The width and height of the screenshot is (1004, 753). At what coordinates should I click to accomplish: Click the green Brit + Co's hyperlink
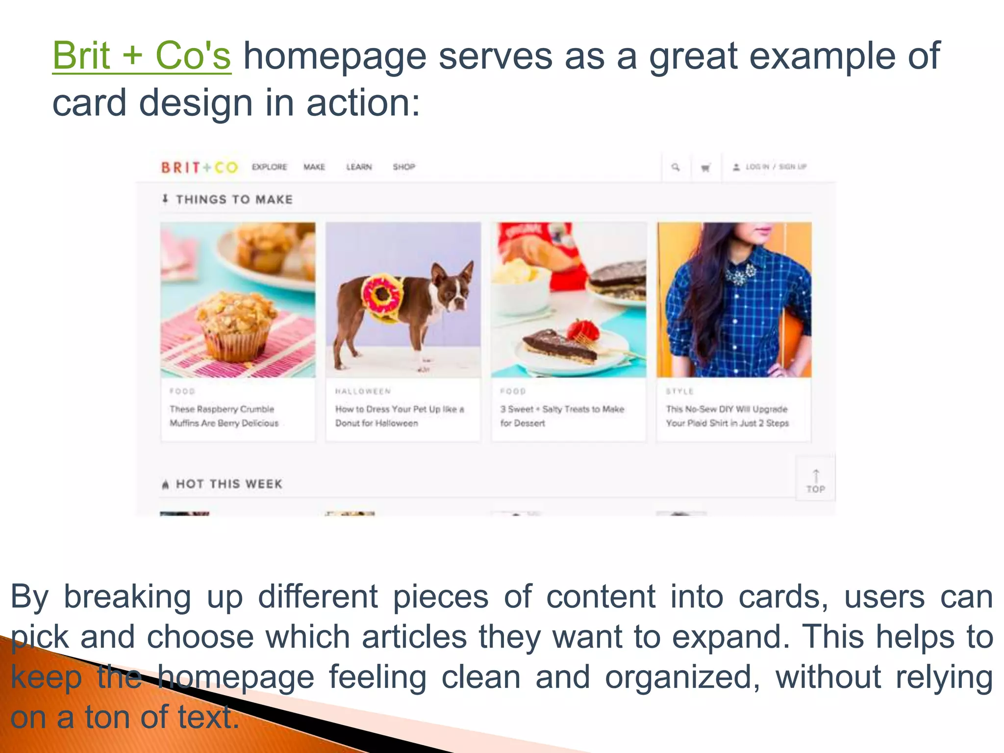[141, 56]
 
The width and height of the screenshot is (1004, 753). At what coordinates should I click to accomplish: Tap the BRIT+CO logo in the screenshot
[199, 168]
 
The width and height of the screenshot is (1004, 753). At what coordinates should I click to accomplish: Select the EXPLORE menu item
[269, 167]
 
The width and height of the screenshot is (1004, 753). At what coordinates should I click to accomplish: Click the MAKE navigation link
[314, 167]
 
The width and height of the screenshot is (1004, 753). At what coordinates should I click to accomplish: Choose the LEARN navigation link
[359, 167]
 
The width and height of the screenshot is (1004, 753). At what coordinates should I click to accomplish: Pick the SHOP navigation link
[404, 167]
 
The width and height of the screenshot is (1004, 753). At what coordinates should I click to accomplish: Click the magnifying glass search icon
[676, 167]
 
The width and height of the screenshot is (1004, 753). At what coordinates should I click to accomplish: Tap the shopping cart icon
[705, 168]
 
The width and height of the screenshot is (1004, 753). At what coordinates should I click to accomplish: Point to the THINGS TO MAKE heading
[234, 200]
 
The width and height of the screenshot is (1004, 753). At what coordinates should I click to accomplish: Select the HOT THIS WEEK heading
[228, 484]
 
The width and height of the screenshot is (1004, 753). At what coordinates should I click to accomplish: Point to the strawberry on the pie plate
[584, 329]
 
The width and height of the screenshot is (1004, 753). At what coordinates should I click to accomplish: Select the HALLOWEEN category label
[363, 391]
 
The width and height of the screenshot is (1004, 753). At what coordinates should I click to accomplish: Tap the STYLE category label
[679, 391]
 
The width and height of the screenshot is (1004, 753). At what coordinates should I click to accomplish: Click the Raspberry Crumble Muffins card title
[224, 416]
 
